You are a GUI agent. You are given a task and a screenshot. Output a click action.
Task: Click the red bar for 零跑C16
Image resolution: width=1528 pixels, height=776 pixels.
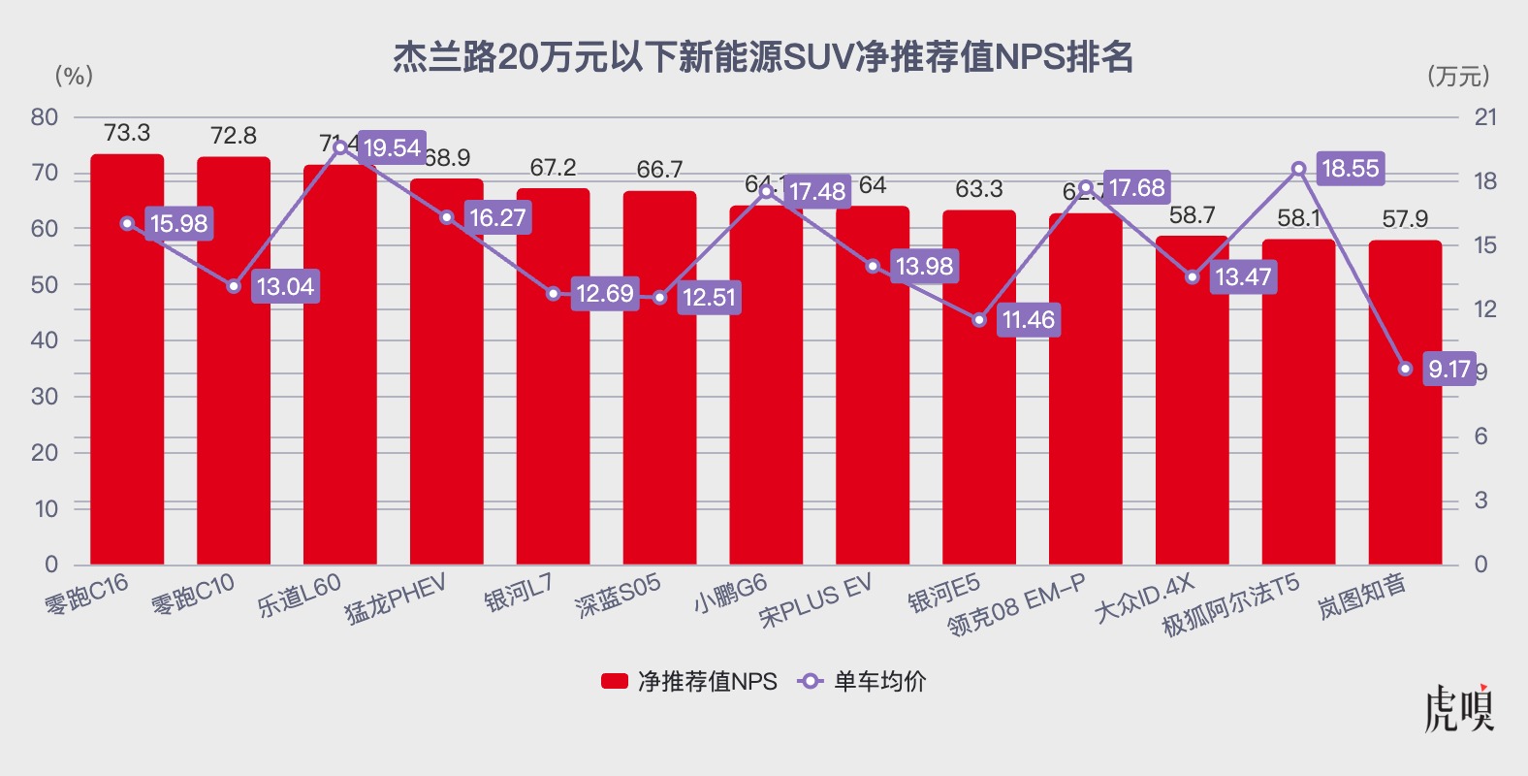[127, 388]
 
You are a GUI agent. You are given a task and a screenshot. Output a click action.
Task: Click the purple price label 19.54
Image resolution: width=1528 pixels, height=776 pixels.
[392, 148]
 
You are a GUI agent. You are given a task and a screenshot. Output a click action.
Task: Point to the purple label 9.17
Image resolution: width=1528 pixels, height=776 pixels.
[1448, 369]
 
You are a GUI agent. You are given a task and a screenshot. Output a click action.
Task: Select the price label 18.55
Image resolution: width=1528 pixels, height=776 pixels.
[1350, 169]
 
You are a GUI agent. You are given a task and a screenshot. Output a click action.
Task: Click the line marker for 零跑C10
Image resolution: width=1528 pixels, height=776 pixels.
[234, 286]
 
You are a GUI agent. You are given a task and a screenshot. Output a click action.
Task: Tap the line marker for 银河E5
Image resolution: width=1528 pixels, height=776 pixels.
[979, 320]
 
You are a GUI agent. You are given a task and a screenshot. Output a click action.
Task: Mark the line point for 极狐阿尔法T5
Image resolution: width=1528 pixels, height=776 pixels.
[1298, 169]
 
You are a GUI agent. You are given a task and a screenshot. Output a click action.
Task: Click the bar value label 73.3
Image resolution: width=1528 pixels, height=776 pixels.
[127, 133]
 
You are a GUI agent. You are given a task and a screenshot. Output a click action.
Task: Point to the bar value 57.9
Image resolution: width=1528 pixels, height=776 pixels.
[1405, 219]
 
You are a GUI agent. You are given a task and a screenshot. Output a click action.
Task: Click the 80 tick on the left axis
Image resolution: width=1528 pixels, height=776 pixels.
[45, 117]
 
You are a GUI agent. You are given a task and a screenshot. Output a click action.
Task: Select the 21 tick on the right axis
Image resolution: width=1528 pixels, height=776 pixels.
[1485, 117]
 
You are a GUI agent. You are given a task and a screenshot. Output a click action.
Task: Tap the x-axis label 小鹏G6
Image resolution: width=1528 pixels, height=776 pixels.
[730, 594]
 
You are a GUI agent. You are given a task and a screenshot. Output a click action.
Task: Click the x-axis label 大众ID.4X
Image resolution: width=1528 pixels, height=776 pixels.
[1144, 599]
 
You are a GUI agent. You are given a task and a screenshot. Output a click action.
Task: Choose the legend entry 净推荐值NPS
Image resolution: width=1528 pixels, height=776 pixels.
[689, 682]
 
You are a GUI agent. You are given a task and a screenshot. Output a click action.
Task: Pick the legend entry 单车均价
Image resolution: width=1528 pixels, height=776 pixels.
[862, 682]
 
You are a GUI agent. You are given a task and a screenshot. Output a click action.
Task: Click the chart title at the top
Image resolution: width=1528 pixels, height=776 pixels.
[763, 57]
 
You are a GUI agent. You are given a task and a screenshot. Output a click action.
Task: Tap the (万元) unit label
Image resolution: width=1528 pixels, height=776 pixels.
[1458, 77]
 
